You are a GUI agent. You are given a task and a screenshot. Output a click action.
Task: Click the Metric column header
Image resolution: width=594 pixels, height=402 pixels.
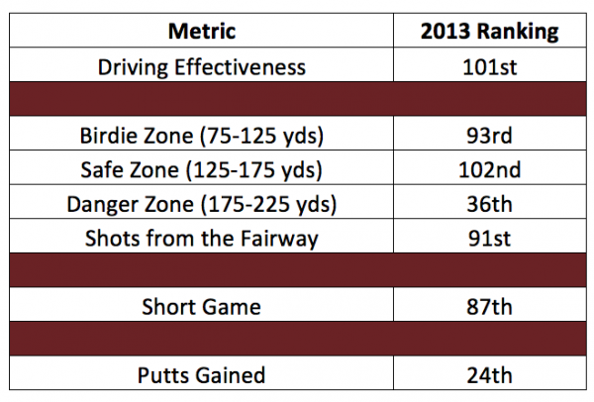click(202, 31)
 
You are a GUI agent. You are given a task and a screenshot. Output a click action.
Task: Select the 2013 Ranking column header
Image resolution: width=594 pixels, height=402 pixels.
click(489, 31)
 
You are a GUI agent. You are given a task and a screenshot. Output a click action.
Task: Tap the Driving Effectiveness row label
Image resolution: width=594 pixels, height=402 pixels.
click(202, 67)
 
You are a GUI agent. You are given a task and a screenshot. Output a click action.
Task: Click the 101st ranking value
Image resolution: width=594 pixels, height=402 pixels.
click(489, 67)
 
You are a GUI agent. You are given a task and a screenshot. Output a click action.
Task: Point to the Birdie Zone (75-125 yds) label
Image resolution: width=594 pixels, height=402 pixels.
click(202, 136)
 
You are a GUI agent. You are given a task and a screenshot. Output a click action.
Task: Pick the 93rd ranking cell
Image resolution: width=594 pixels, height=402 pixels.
click(489, 136)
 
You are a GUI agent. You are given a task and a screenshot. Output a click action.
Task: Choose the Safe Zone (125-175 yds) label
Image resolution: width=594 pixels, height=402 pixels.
click(202, 169)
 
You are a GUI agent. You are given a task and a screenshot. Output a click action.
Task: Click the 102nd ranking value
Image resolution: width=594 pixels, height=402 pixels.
click(489, 169)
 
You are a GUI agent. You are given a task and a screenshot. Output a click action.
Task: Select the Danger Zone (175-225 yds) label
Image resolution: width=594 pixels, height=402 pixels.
click(202, 204)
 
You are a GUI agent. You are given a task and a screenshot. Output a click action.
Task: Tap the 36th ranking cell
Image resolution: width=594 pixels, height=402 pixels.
click(489, 204)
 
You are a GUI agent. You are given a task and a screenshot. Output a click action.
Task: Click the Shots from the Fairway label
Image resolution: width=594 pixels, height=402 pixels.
click(202, 239)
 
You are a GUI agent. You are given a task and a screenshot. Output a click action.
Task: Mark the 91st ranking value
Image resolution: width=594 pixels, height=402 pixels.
click(489, 238)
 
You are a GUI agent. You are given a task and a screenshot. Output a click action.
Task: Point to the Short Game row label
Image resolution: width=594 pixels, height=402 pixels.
click(202, 307)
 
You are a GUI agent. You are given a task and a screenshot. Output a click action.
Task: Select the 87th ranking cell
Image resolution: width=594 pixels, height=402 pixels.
click(489, 307)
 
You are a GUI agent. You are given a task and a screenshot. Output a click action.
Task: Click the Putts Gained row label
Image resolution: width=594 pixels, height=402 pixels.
click(202, 375)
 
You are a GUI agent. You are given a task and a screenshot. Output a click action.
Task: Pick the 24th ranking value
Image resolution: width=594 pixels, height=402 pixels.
click(489, 375)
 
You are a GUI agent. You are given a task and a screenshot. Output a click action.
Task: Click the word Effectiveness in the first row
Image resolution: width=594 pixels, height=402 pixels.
click(240, 67)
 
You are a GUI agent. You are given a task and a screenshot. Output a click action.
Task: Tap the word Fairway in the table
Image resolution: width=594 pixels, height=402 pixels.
click(279, 240)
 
